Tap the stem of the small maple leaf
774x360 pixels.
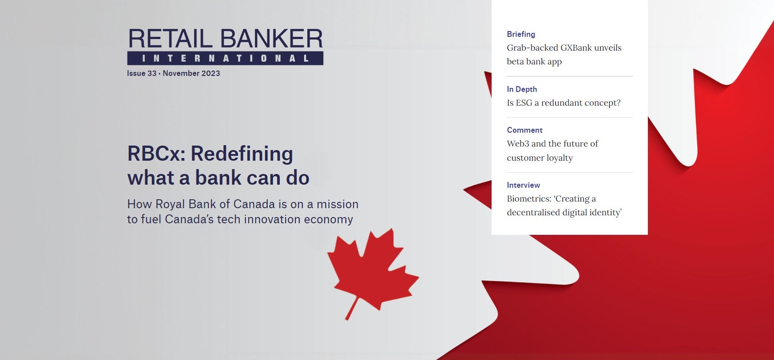pyautogui.click(x=352, y=308)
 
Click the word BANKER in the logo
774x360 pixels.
pyautogui.click(x=271, y=39)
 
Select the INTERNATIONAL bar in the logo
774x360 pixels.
pyautogui.click(x=225, y=58)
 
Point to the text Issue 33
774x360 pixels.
pyautogui.click(x=142, y=73)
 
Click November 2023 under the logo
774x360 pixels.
pyautogui.click(x=191, y=73)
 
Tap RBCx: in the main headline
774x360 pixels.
pyautogui.click(x=156, y=154)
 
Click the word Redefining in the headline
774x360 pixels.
pyautogui.click(x=242, y=154)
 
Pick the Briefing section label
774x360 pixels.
pyautogui.click(x=521, y=34)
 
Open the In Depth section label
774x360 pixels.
pyautogui.click(x=522, y=89)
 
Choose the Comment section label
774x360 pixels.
pyautogui.click(x=524, y=130)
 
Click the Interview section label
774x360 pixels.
pyautogui.click(x=524, y=185)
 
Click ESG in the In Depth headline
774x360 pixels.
pyautogui.click(x=524, y=103)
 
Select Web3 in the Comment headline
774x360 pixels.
pyautogui.click(x=518, y=143)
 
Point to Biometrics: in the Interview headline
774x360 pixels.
pyautogui.click(x=528, y=198)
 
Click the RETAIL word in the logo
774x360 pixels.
pyautogui.click(x=171, y=39)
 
